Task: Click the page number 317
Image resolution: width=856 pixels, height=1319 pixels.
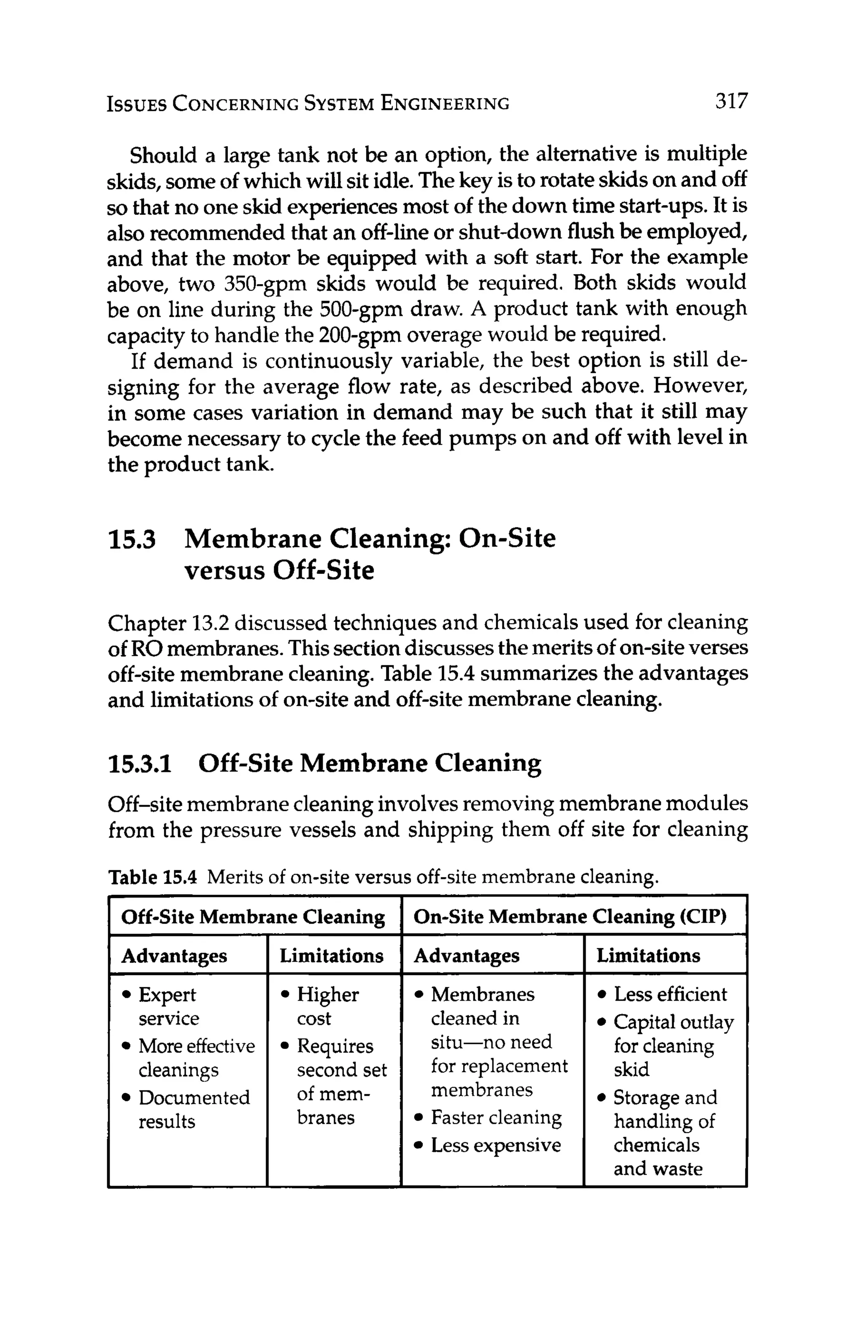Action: coord(731,102)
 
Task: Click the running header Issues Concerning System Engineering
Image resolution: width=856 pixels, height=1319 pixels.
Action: coord(308,104)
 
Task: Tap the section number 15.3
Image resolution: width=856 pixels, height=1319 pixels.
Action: coord(131,539)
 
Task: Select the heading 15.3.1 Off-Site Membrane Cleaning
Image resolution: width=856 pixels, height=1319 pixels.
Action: coord(324,763)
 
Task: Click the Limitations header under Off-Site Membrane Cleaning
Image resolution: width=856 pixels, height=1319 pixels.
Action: coord(331,955)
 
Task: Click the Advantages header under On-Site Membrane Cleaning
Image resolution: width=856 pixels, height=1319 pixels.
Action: coord(466,955)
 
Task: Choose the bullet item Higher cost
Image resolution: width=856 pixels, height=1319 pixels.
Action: coord(327,1006)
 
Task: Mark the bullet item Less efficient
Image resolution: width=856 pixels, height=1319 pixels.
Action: coord(669,994)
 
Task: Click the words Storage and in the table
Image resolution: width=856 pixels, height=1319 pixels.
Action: coord(665,1097)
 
